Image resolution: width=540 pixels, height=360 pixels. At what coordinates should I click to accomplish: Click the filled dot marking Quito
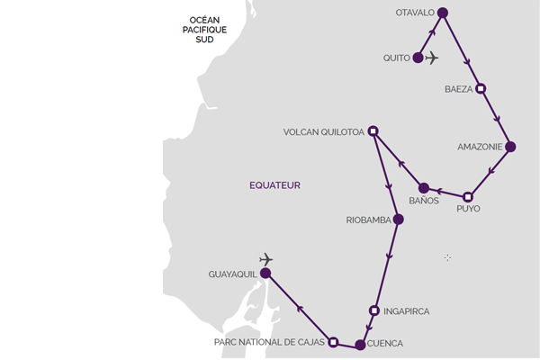click(418, 58)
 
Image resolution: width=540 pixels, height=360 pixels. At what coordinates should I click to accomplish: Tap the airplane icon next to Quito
click(431, 58)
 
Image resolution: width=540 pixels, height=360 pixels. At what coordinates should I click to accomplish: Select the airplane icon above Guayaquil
click(265, 259)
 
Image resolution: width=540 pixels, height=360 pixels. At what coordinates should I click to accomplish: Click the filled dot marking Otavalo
click(443, 13)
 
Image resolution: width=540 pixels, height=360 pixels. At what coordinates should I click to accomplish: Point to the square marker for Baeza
click(481, 88)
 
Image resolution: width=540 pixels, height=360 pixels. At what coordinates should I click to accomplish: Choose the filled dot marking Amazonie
click(510, 147)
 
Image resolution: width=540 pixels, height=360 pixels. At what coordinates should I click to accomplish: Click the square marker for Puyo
click(467, 197)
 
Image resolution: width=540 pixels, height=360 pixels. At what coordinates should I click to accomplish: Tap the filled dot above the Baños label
click(424, 188)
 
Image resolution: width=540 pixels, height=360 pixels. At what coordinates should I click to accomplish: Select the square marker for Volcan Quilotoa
click(373, 130)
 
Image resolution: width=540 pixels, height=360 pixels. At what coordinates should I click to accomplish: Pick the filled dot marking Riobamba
click(398, 219)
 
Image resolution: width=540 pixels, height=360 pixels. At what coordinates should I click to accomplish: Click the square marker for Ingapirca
click(374, 310)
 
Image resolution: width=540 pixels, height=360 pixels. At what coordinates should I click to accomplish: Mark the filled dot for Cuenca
click(360, 345)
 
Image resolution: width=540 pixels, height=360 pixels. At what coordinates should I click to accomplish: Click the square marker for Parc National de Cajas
click(333, 342)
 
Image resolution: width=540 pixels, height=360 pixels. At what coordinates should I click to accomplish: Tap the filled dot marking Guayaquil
click(265, 274)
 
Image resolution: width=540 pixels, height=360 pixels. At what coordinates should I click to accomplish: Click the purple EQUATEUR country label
click(274, 185)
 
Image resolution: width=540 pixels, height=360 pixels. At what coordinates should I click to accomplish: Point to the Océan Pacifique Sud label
click(204, 30)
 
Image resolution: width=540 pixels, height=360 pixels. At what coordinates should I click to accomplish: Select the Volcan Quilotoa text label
click(324, 132)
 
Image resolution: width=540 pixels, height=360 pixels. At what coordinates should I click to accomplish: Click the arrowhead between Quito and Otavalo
click(432, 32)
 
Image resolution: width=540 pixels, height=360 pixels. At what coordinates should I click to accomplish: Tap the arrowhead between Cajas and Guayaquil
click(300, 309)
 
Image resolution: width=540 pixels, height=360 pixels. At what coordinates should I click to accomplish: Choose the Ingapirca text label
click(407, 311)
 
